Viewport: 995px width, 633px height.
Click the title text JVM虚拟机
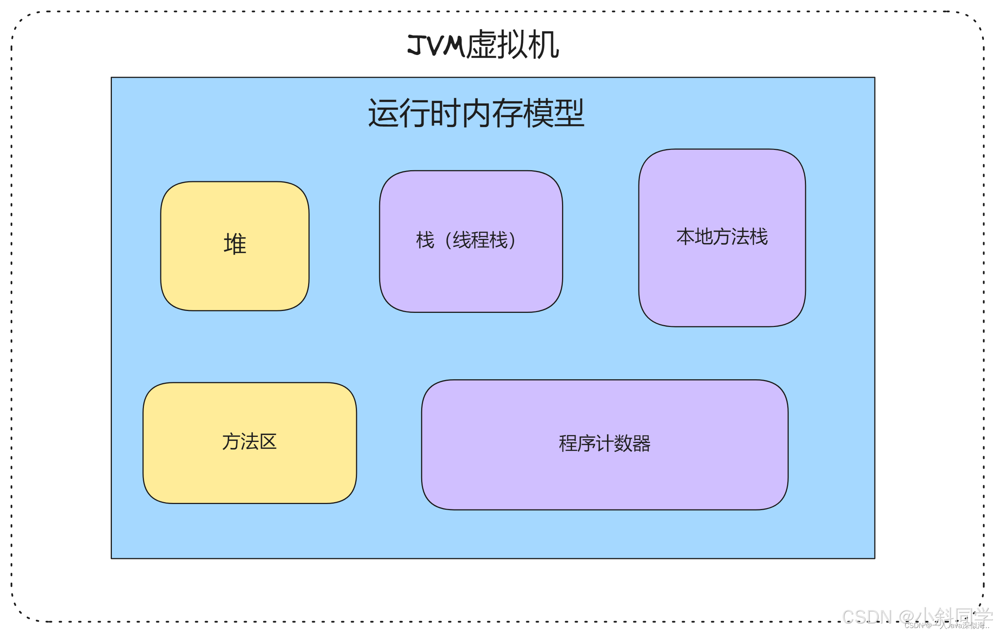(x=483, y=45)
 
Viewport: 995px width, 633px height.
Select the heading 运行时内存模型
(x=476, y=113)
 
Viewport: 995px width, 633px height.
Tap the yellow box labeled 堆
(x=235, y=281)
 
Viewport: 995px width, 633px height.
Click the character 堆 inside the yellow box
(x=235, y=243)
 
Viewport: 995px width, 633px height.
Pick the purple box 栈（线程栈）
(x=471, y=281)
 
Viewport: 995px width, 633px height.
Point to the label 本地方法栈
(x=722, y=237)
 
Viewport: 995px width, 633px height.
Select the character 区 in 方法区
(x=268, y=442)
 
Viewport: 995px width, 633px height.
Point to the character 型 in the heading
(x=569, y=113)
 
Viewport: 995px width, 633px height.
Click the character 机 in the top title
(x=544, y=45)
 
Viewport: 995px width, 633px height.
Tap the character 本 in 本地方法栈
(x=685, y=237)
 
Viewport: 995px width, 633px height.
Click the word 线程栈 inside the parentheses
(x=480, y=240)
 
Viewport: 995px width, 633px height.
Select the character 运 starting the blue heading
(x=383, y=113)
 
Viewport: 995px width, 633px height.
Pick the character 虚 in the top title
(x=482, y=45)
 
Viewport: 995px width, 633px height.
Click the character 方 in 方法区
(x=231, y=442)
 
